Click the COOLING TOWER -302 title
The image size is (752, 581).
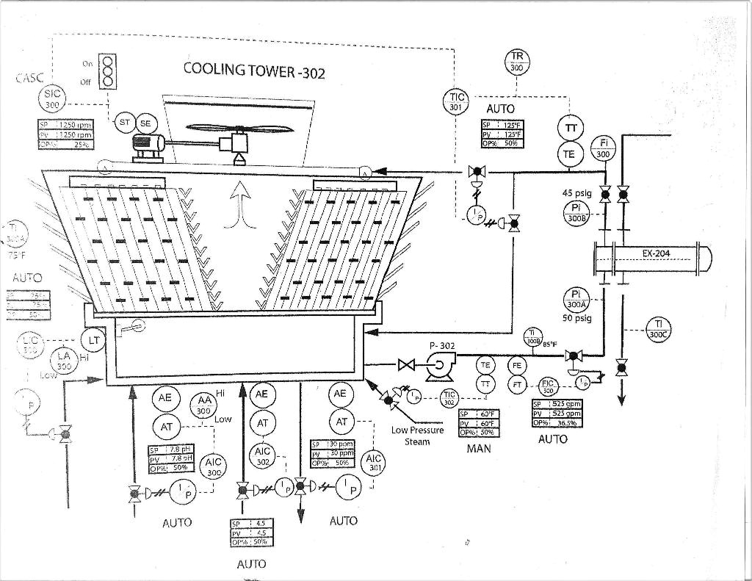pos(253,71)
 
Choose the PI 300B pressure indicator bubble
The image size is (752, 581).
pos(576,213)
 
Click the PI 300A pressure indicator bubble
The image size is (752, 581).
pos(576,299)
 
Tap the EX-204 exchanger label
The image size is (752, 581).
pos(656,254)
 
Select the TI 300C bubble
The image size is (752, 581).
pos(659,328)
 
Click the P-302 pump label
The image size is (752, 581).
pos(443,346)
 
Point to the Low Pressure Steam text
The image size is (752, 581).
pos(417,436)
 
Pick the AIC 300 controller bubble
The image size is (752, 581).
pos(214,467)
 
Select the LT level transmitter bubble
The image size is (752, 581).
pos(93,340)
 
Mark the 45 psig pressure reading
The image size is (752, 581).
pos(577,194)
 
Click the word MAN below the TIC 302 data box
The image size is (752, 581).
pos(478,447)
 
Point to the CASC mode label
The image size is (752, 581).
pos(29,78)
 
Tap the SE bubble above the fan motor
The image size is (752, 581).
pos(145,123)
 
